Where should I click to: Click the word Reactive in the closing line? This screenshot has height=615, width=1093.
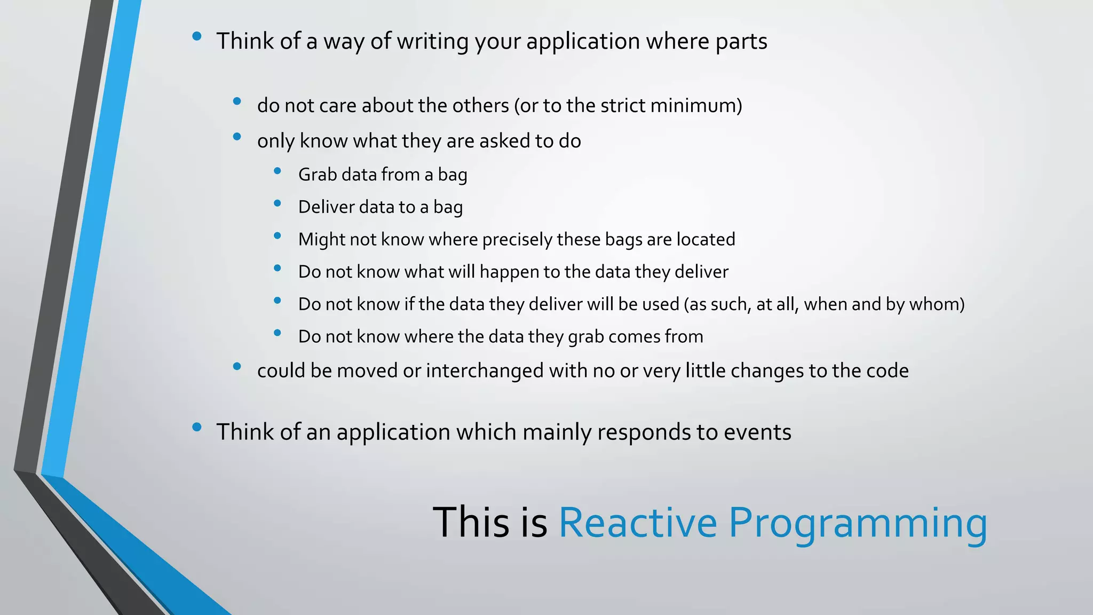coord(637,523)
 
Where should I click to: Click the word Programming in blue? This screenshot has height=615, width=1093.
coord(858,523)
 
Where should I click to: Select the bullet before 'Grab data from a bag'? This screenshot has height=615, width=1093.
coord(277,171)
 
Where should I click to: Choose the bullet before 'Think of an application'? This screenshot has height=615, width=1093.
coord(197,427)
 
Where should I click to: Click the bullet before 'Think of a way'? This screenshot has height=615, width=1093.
coord(197,36)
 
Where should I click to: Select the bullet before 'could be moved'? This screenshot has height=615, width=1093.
coord(237,366)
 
